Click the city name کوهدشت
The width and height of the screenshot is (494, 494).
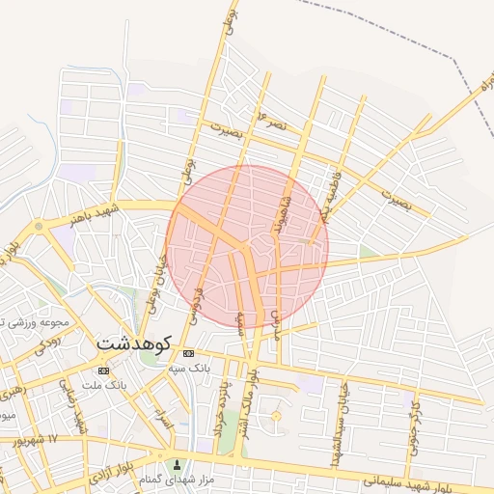tap(134, 343)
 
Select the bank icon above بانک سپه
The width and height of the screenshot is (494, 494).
tap(188, 353)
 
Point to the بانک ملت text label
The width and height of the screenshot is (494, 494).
tap(105, 386)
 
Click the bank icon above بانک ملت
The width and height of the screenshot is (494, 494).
tap(103, 370)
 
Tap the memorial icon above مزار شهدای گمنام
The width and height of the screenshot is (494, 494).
tap(177, 465)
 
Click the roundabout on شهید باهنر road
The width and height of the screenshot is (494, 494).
tap(39, 226)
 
